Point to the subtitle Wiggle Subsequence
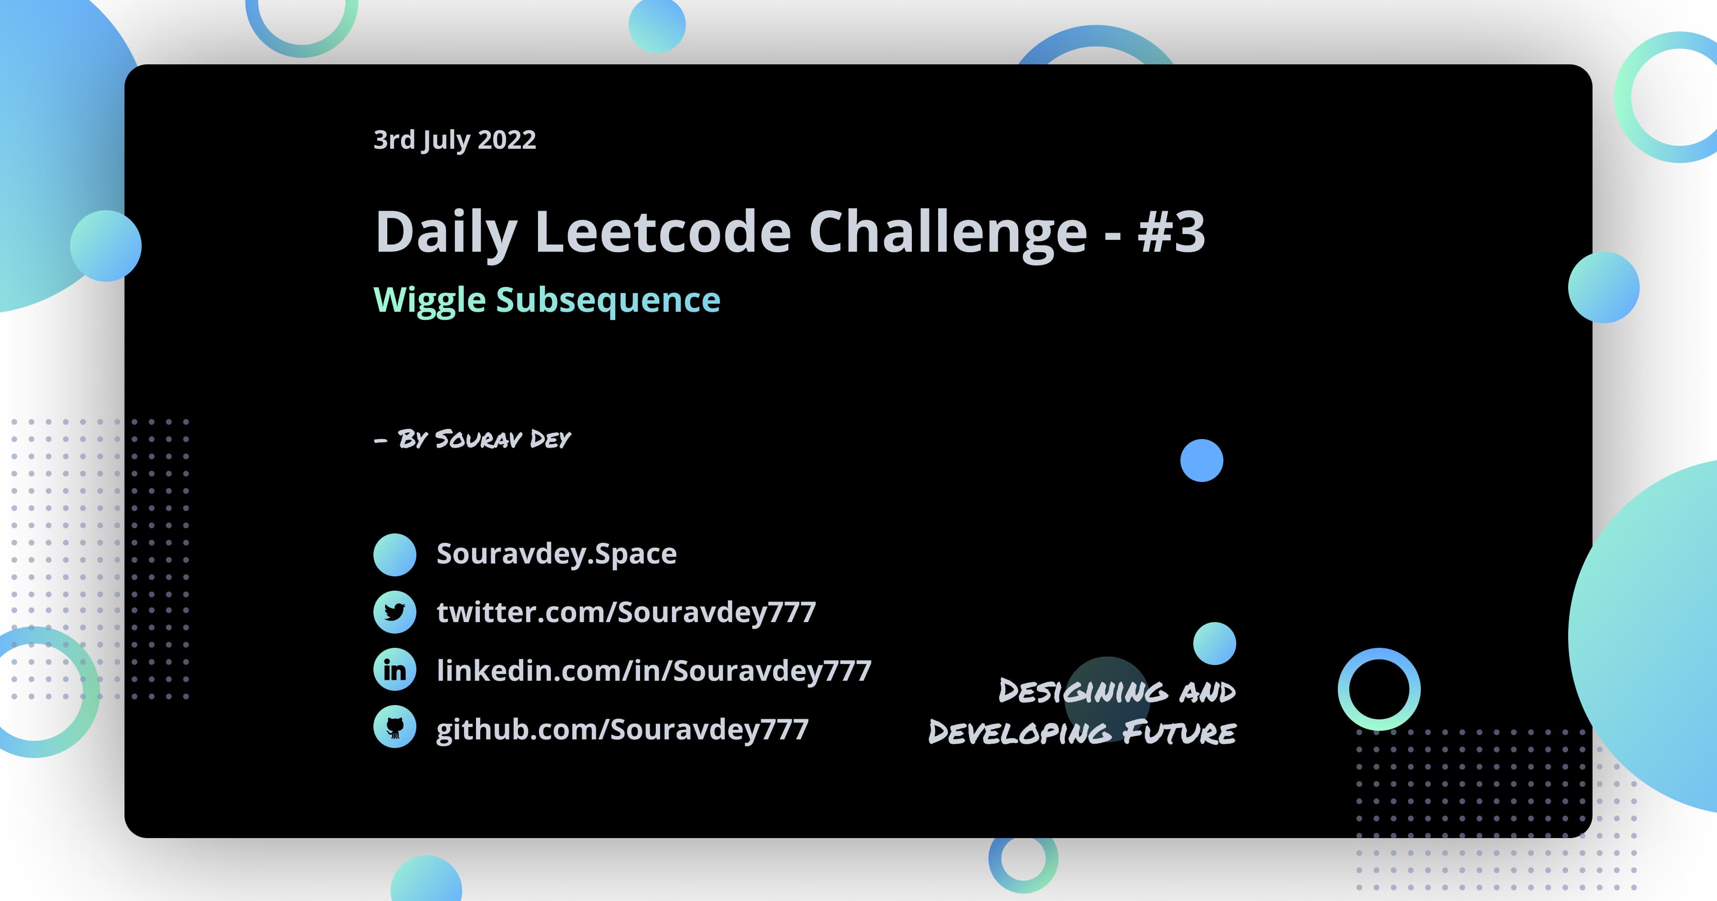(547, 300)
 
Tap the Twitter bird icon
(394, 612)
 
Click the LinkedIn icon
(394, 670)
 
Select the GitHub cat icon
(394, 727)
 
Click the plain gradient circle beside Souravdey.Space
(394, 554)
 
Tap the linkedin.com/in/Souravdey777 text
(654, 670)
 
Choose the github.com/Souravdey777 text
(622, 729)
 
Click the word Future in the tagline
(1179, 732)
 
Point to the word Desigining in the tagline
(1083, 691)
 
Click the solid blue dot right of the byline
(1201, 461)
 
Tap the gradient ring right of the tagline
(1378, 689)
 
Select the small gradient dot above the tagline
(1214, 644)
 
